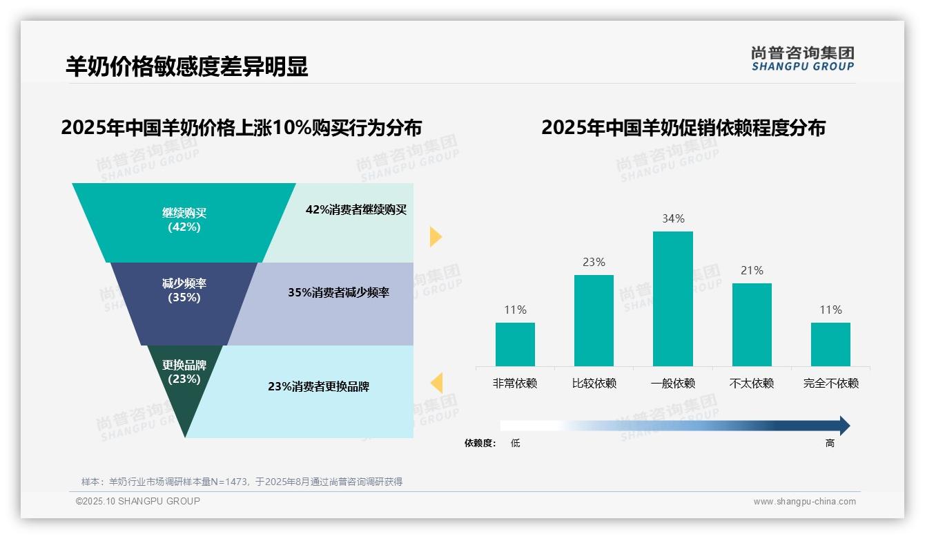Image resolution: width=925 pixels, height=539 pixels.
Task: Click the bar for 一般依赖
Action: tap(672, 299)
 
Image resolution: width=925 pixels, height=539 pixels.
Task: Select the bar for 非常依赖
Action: tap(515, 344)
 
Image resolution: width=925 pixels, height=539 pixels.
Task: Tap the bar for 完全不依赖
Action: tap(830, 344)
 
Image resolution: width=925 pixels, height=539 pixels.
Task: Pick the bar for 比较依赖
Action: tap(594, 321)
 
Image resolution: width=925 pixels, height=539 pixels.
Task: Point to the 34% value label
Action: tap(673, 218)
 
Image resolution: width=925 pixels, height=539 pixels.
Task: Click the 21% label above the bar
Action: tap(752, 270)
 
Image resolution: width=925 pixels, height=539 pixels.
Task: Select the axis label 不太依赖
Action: tap(752, 383)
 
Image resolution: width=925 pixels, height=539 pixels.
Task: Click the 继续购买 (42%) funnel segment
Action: tap(184, 220)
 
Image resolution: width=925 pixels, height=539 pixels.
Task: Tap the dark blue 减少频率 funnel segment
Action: tap(184, 291)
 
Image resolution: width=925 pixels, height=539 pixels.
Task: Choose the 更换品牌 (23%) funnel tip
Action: tap(184, 387)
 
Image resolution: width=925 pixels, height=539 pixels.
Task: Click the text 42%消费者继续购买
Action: tap(356, 209)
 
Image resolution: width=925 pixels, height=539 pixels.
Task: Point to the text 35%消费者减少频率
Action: tap(338, 292)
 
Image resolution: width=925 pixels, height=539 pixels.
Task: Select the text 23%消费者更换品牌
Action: tap(318, 386)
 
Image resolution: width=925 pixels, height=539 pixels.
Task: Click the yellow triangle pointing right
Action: tap(435, 236)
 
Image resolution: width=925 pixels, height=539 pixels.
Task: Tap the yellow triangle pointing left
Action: tap(436, 382)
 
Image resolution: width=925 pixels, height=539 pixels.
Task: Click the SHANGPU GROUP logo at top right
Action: tap(802, 59)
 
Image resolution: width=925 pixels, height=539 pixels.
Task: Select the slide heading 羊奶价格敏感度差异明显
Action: tap(186, 66)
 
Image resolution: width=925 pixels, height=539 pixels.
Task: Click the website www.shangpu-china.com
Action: tap(804, 502)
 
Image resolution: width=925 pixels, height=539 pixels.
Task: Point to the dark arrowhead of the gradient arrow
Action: tap(844, 426)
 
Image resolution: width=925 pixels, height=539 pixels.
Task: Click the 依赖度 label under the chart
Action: tap(480, 443)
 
